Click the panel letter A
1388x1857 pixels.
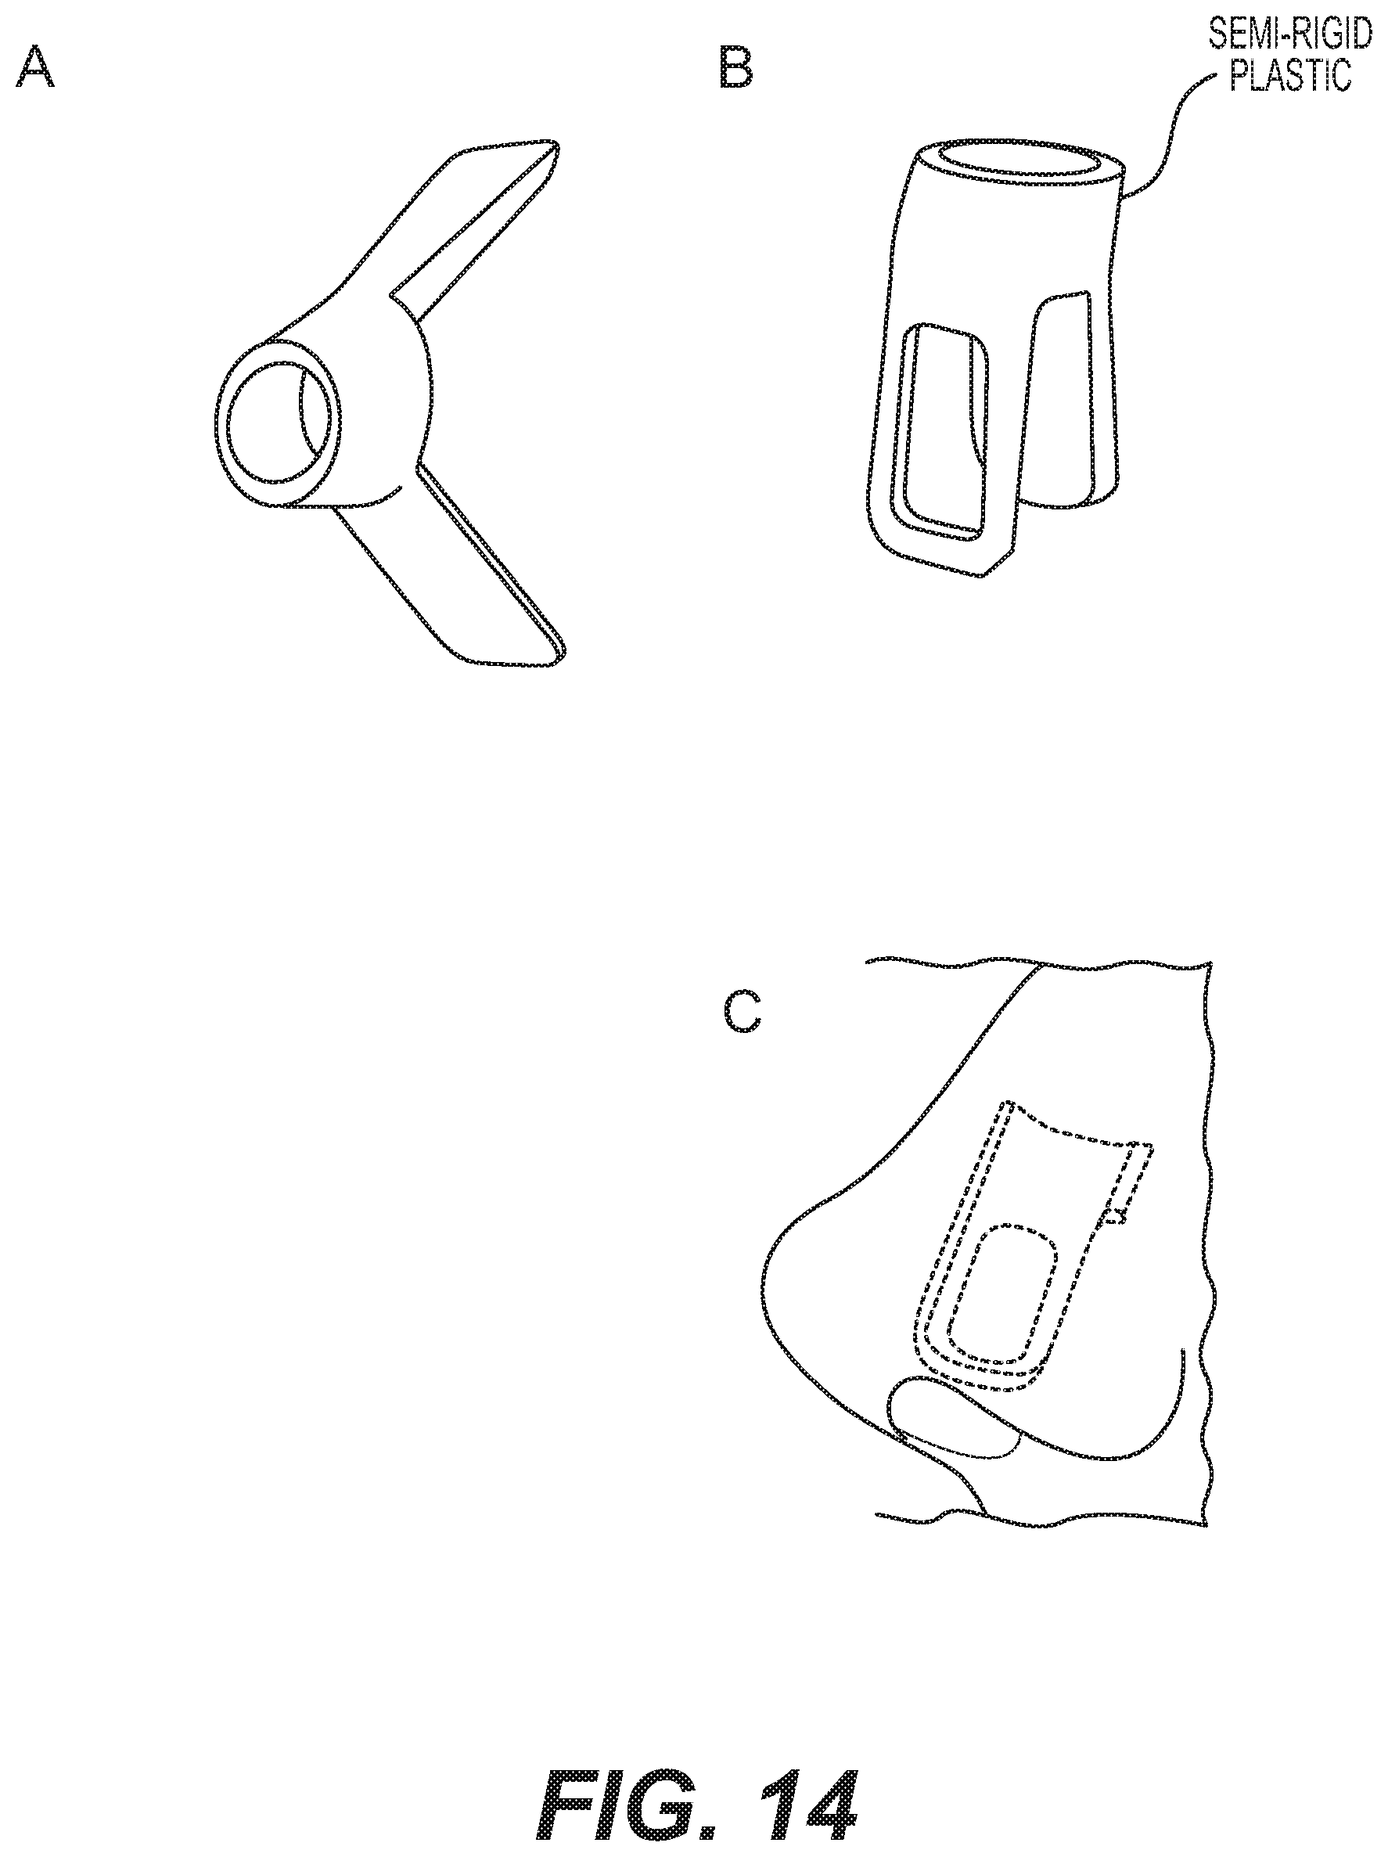35,68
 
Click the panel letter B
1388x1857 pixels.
736,68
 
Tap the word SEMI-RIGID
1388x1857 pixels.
1289,35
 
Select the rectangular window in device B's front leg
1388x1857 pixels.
947,430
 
